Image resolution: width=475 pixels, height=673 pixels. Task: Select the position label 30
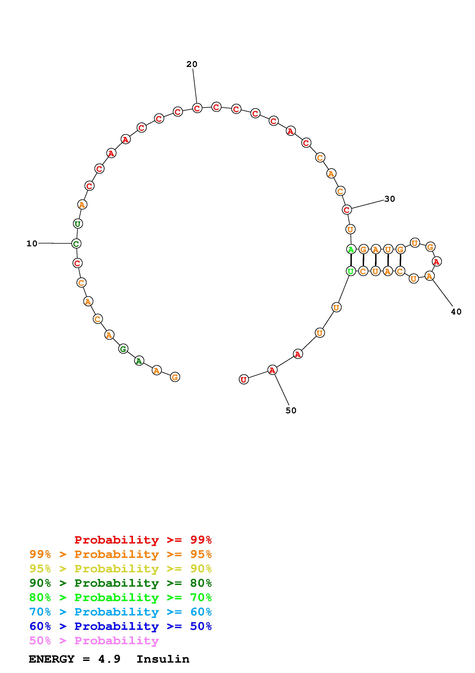390,199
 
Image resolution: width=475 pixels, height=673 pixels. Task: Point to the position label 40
456,312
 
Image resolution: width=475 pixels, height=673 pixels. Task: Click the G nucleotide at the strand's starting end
175,377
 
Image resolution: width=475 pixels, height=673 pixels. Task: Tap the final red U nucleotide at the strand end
244,380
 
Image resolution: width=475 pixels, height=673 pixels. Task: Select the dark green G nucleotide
123,349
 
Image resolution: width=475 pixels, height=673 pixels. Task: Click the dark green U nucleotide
78,224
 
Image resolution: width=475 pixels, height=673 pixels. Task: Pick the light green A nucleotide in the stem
351,249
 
